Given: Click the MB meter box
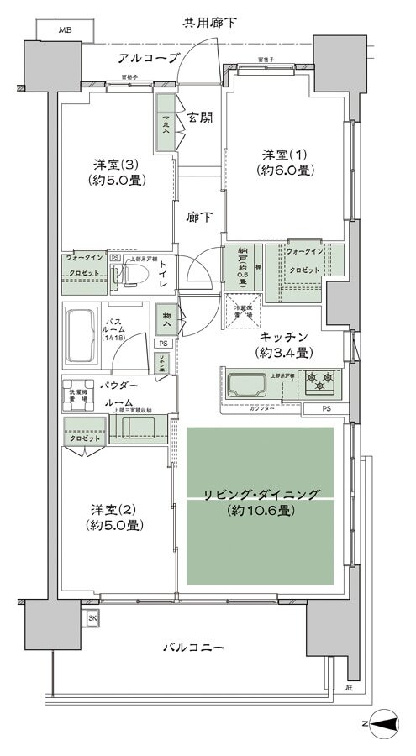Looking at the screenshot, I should pyautogui.click(x=64, y=31).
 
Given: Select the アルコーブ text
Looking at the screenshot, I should pyautogui.click(x=148, y=58).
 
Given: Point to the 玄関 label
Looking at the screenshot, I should pyautogui.click(x=198, y=118).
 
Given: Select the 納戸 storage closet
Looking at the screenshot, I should pyautogui.click(x=240, y=267).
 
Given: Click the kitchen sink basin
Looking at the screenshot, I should pyautogui.click(x=245, y=385).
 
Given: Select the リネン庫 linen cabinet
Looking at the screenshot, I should pyautogui.click(x=163, y=363).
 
